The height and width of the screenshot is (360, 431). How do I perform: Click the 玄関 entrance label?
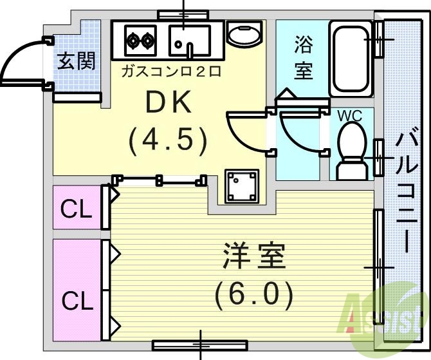[x=77, y=61]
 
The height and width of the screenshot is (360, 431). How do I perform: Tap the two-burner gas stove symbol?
[x=141, y=40]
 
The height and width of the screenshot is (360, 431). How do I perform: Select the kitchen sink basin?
[x=189, y=41]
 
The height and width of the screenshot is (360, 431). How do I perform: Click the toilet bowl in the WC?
[x=351, y=144]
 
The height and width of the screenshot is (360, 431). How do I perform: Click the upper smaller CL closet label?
[x=76, y=209]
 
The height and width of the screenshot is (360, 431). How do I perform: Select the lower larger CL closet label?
[x=77, y=299]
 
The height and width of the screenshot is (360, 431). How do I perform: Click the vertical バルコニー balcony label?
[x=406, y=193]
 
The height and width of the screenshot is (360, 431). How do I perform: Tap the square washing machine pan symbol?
[x=241, y=186]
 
